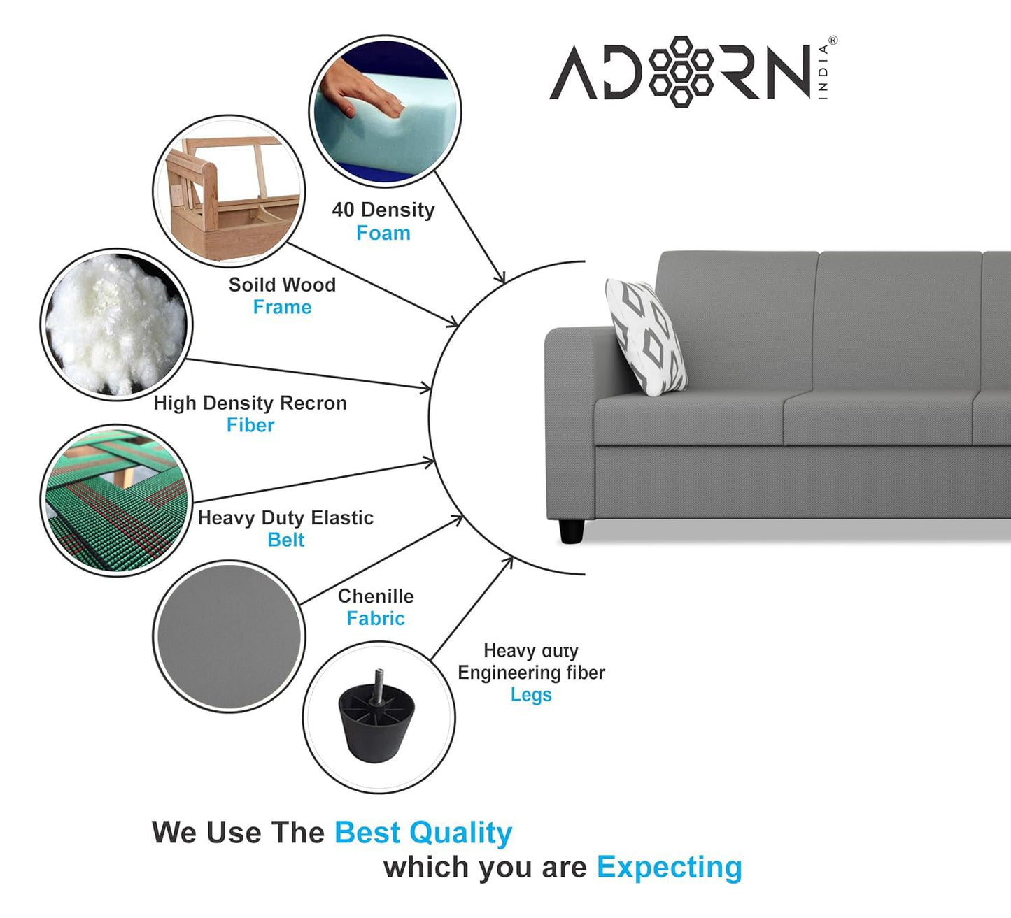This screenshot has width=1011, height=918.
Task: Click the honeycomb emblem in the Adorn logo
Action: pos(681,71)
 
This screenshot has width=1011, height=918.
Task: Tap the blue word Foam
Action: pos(383,233)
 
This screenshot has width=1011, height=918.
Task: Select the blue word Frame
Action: pos(282,307)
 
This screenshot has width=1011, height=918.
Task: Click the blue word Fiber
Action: pos(250,425)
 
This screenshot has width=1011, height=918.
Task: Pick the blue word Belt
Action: pos(285,540)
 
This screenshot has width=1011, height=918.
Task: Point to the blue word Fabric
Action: pos(376,618)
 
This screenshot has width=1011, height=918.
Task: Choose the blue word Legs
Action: pos(531,695)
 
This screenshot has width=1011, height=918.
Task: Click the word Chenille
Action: pos(376,596)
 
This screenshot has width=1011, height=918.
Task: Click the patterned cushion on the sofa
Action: pos(646,335)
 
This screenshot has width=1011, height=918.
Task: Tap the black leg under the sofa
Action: pos(571,531)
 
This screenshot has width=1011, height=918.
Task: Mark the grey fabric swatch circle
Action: pos(228,636)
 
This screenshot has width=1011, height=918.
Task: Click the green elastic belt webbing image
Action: pos(115,501)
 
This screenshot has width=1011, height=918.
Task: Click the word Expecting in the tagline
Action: pos(669,867)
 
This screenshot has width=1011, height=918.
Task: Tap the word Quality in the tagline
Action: pos(461,833)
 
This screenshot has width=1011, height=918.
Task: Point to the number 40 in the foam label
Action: pos(343,210)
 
